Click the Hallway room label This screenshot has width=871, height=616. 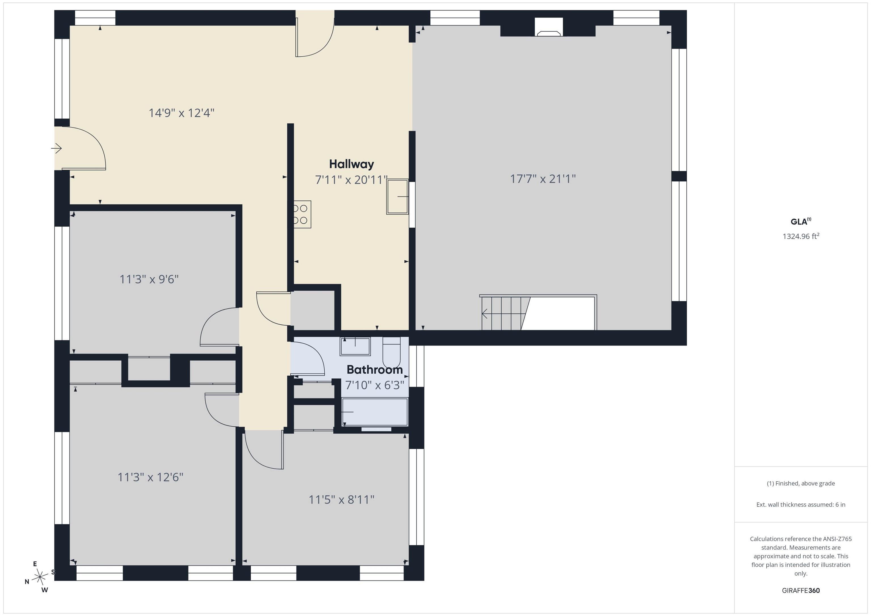click(351, 164)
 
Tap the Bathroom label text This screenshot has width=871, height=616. click(375, 369)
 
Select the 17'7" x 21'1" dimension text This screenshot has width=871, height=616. click(542, 179)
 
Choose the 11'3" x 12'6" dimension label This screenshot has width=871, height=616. click(150, 477)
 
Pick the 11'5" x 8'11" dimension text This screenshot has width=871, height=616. click(341, 499)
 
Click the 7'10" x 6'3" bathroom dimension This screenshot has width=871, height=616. click(375, 385)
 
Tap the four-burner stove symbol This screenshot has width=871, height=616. click(302, 214)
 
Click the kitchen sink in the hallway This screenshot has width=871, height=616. click(398, 196)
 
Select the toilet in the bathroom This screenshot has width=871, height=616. click(392, 352)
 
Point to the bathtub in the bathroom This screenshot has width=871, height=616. click(375, 412)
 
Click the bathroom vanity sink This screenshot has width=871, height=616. click(355, 346)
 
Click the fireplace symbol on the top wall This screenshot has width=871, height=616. click(549, 27)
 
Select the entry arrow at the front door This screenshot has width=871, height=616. click(56, 148)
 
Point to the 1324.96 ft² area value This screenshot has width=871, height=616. click(800, 236)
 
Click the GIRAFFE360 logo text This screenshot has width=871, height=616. click(801, 590)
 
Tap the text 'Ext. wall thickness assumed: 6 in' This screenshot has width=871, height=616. click(801, 505)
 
